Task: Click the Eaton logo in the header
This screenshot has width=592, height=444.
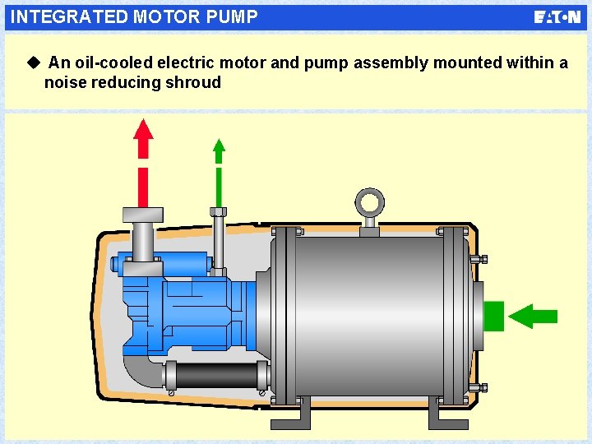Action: coord(557,17)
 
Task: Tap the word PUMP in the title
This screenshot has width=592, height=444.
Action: coord(235,16)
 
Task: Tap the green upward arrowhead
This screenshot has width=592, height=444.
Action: coord(219,150)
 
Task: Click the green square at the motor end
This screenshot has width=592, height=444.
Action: coord(493,316)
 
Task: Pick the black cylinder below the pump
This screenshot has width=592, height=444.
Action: coord(216,377)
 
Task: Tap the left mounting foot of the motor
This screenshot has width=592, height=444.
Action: coord(291,414)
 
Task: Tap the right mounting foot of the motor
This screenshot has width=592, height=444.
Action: coord(448,414)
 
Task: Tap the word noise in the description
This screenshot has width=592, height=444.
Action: coord(66,82)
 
